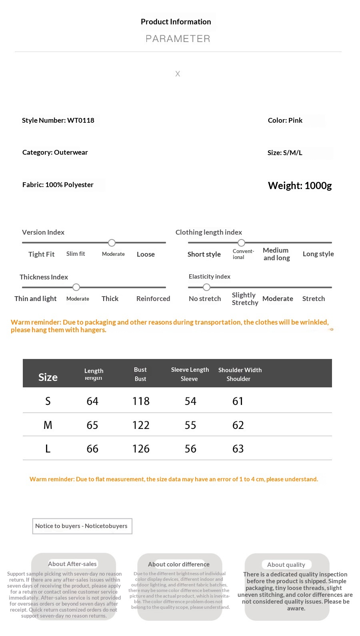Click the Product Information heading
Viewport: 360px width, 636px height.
[176, 22]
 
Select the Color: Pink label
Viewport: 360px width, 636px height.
[285, 120]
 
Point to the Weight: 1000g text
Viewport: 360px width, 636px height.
[300, 185]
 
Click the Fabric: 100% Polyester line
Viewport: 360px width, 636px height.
[58, 185]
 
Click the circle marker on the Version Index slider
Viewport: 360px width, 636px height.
[112, 243]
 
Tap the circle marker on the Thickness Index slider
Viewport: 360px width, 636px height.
[76, 287]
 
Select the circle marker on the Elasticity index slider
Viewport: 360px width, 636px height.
[206, 287]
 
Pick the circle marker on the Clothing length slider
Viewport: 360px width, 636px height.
[241, 243]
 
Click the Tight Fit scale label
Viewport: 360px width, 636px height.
[41, 254]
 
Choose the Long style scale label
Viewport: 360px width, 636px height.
[318, 254]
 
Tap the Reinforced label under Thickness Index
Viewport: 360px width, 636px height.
[153, 299]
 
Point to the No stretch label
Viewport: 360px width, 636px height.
[205, 299]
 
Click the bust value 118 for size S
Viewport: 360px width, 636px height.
[141, 401]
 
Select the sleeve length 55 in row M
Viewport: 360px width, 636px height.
[190, 425]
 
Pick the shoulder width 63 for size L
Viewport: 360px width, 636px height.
[238, 449]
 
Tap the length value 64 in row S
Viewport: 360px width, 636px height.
[92, 401]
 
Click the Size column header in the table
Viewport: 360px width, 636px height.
[48, 377]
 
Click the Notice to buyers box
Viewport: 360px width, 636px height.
[82, 526]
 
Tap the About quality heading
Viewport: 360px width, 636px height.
[286, 564]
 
